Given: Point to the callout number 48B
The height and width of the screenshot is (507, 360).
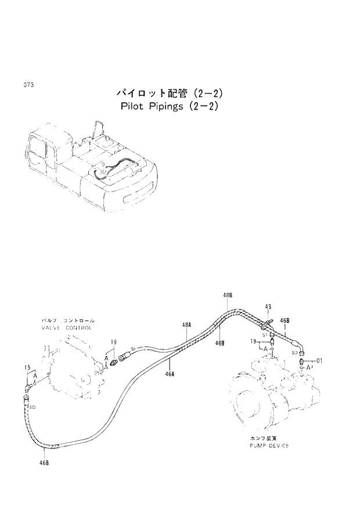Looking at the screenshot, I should click(x=227, y=296).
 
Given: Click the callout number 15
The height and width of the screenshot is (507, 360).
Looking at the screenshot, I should click(x=27, y=367).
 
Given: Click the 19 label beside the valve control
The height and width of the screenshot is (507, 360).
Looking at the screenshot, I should click(x=114, y=342).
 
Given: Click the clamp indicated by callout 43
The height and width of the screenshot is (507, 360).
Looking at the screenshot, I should click(x=268, y=321).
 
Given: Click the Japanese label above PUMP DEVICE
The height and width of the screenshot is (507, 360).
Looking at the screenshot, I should click(x=262, y=438).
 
